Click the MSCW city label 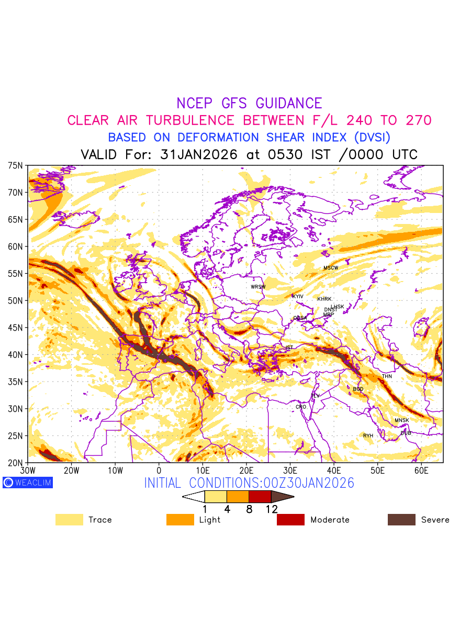point(331,268)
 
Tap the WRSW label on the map point(258,287)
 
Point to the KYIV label point(298,297)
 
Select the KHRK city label point(324,299)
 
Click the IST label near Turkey point(289,347)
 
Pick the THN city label point(387,377)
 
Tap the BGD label point(358,389)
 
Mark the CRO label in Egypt point(301,407)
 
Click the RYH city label point(368,436)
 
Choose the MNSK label point(402,421)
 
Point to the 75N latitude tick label point(16,165)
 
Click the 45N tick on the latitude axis point(16,328)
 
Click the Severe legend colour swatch point(401,520)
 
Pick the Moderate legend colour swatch point(290,520)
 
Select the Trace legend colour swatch point(69,520)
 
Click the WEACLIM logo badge point(28,483)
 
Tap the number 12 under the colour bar point(271,509)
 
